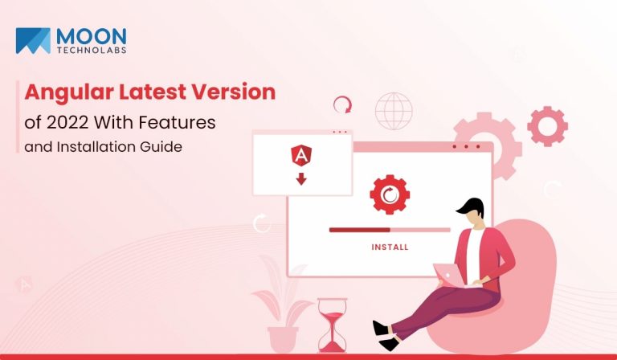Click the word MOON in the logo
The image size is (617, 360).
pyautogui.click(x=92, y=37)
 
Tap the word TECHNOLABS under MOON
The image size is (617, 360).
pyautogui.click(x=92, y=51)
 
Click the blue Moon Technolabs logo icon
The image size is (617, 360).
pyautogui.click(x=33, y=40)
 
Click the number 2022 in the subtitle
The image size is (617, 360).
pyautogui.click(x=67, y=122)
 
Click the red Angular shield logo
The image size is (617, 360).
pyautogui.click(x=301, y=155)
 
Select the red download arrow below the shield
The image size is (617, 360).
pyautogui.click(x=301, y=178)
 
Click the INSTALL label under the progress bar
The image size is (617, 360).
pyautogui.click(x=390, y=247)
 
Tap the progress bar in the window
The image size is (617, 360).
pyautogui.click(x=390, y=230)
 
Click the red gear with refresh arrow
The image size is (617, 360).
pyautogui.click(x=390, y=194)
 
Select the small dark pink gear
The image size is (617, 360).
pyautogui.click(x=547, y=126)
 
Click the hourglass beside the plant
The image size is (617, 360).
pyautogui.click(x=332, y=325)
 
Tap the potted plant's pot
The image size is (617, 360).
pyautogui.click(x=283, y=340)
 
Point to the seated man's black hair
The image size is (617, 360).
pyautogui.click(x=472, y=207)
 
